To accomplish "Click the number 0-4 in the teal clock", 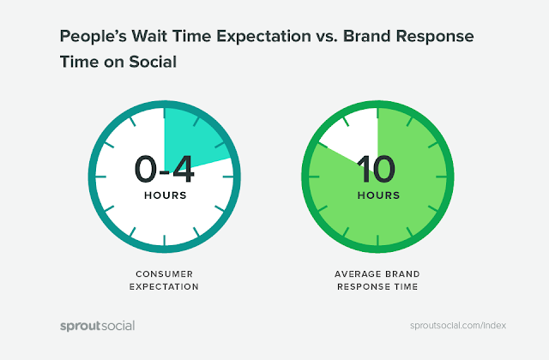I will pyautogui.click(x=165, y=169).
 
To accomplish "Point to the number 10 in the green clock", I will pyautogui.click(x=377, y=169).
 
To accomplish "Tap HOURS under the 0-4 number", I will pyautogui.click(x=165, y=195).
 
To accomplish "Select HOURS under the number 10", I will pyautogui.click(x=377, y=195).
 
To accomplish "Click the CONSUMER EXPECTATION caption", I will pyautogui.click(x=165, y=279).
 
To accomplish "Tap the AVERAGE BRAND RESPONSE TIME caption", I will pyautogui.click(x=377, y=279).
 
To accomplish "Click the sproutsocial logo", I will pyautogui.click(x=97, y=326).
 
